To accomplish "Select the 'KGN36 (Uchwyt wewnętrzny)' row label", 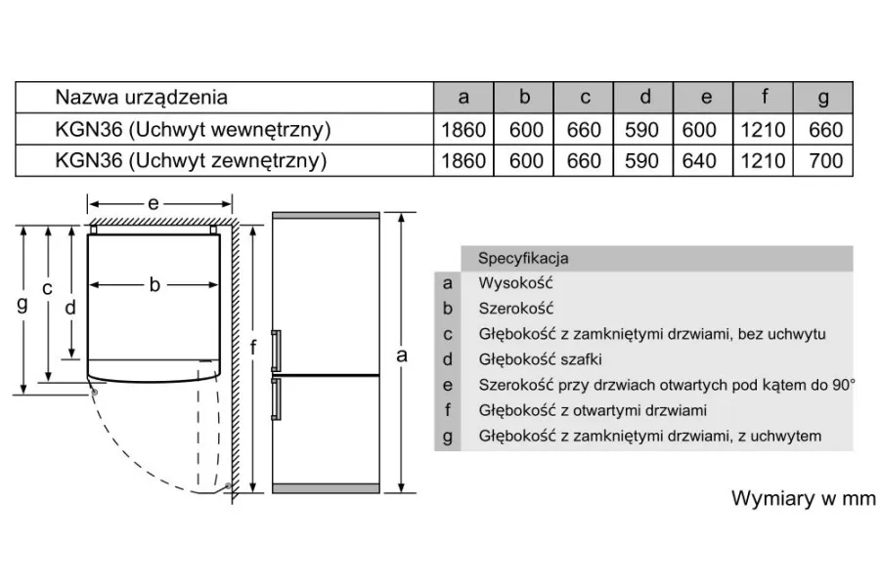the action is coord(193,130).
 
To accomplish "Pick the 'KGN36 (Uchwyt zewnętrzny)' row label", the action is coord(191,161).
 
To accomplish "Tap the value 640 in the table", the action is coord(699,161).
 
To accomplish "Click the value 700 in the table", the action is coord(825,161).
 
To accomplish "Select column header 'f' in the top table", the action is coord(765,97).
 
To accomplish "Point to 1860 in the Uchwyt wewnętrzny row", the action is coord(463,130).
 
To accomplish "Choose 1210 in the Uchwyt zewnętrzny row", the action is coord(763,161).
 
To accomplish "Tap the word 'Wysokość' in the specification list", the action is coord(515,282).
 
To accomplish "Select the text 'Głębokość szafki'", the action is coord(540,359).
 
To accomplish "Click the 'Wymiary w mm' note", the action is coord(803,498).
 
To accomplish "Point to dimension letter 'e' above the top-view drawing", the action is coord(154,203).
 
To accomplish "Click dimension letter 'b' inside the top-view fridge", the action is coord(154,285).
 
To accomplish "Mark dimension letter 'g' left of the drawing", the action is coord(22,305).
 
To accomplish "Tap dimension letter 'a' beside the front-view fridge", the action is coord(402,355).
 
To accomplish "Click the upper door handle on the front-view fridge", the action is coord(276,351).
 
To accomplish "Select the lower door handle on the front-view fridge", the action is coord(276,398).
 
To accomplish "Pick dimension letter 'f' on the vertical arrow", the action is coord(253,348).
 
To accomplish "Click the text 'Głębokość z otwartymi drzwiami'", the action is coord(593,410).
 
